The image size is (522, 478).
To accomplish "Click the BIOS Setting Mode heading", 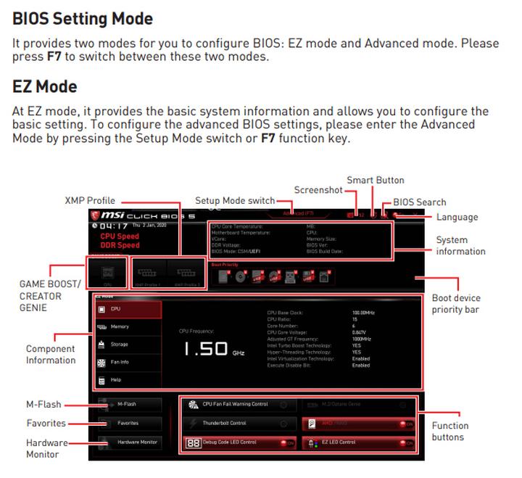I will (x=83, y=18).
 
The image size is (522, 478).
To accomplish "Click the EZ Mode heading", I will (x=45, y=86).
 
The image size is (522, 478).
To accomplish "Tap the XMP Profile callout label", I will (x=89, y=201).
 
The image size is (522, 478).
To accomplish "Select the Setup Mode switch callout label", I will (x=235, y=201).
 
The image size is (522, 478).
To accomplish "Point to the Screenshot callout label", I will (x=318, y=190).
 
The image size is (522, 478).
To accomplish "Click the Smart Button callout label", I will (x=375, y=180).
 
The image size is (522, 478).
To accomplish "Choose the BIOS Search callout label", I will (x=419, y=202).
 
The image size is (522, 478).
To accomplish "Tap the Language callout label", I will (x=457, y=217).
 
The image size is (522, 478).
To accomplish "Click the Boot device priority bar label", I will (x=456, y=304).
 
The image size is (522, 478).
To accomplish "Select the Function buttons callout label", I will (x=450, y=431).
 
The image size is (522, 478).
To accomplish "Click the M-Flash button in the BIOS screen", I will (x=128, y=404).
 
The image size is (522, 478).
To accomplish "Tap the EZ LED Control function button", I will (x=359, y=442).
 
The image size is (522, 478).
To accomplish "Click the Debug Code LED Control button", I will (x=239, y=442).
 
